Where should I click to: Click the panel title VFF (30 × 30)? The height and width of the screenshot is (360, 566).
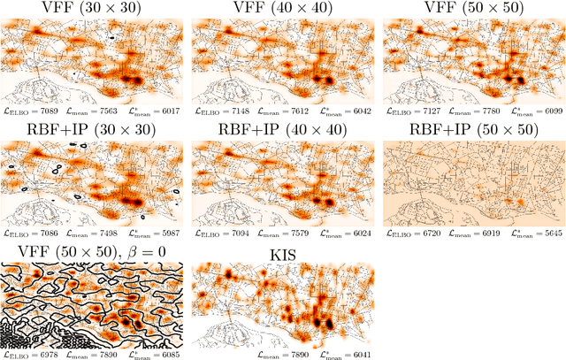pyautogui.click(x=93, y=10)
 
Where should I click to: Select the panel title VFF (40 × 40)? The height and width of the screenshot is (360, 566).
pyautogui.click(x=282, y=10)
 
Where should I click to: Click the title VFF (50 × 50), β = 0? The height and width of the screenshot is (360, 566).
pyautogui.click(x=93, y=250)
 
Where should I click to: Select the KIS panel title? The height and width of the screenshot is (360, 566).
pyautogui.click(x=282, y=250)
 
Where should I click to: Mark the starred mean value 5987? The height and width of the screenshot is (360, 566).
pyautogui.click(x=166, y=234)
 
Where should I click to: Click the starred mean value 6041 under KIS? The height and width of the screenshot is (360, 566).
pyautogui.click(x=354, y=355)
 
